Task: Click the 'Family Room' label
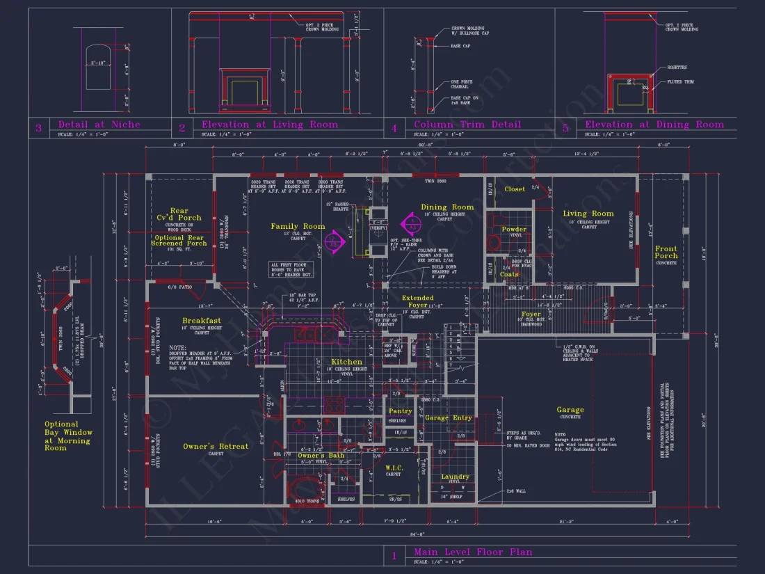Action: [298, 226]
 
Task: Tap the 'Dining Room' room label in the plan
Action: [447, 207]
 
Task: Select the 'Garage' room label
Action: [570, 410]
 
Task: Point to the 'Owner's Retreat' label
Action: [216, 446]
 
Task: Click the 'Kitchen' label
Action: [346, 362]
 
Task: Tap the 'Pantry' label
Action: [400, 411]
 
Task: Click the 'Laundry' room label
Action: [456, 477]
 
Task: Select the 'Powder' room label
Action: [514, 229]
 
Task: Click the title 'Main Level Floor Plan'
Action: [473, 552]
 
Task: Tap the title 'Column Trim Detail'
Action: [467, 125]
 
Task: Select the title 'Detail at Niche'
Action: [99, 125]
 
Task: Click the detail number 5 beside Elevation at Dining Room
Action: [565, 127]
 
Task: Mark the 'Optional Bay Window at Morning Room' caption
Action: [68, 436]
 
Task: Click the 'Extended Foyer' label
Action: [417, 301]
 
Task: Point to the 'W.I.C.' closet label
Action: [394, 468]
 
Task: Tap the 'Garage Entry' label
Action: [449, 418]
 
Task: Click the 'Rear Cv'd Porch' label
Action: [179, 214]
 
